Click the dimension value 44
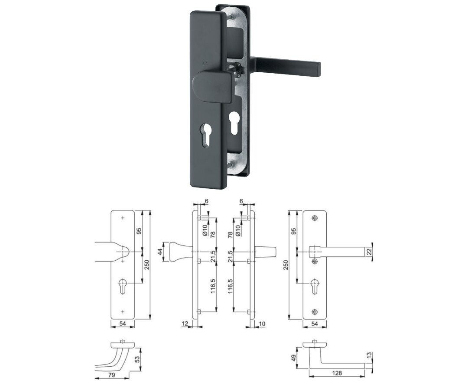[x=159, y=252]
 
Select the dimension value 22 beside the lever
[x=369, y=252]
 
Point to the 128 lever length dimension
[x=336, y=373]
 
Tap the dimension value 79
[x=112, y=375]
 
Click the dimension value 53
[x=137, y=359]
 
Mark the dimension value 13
[x=369, y=355]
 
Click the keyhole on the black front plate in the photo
[x=205, y=136]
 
